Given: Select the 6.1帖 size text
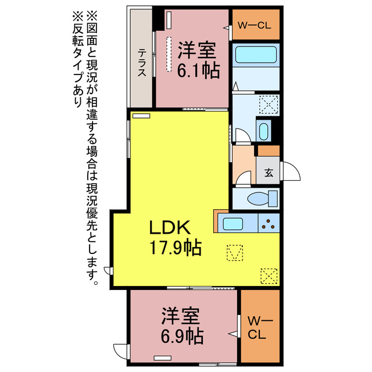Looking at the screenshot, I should click(199, 70).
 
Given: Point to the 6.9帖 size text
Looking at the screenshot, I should click(182, 336).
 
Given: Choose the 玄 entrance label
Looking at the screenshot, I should click(269, 173).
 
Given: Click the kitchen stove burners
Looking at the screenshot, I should click(269, 223).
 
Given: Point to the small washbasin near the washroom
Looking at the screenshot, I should click(263, 131).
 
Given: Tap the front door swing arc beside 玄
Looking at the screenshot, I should click(290, 172).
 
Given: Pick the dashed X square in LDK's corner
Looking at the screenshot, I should click(269, 275).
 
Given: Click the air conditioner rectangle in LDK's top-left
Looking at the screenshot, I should click(141, 116).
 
